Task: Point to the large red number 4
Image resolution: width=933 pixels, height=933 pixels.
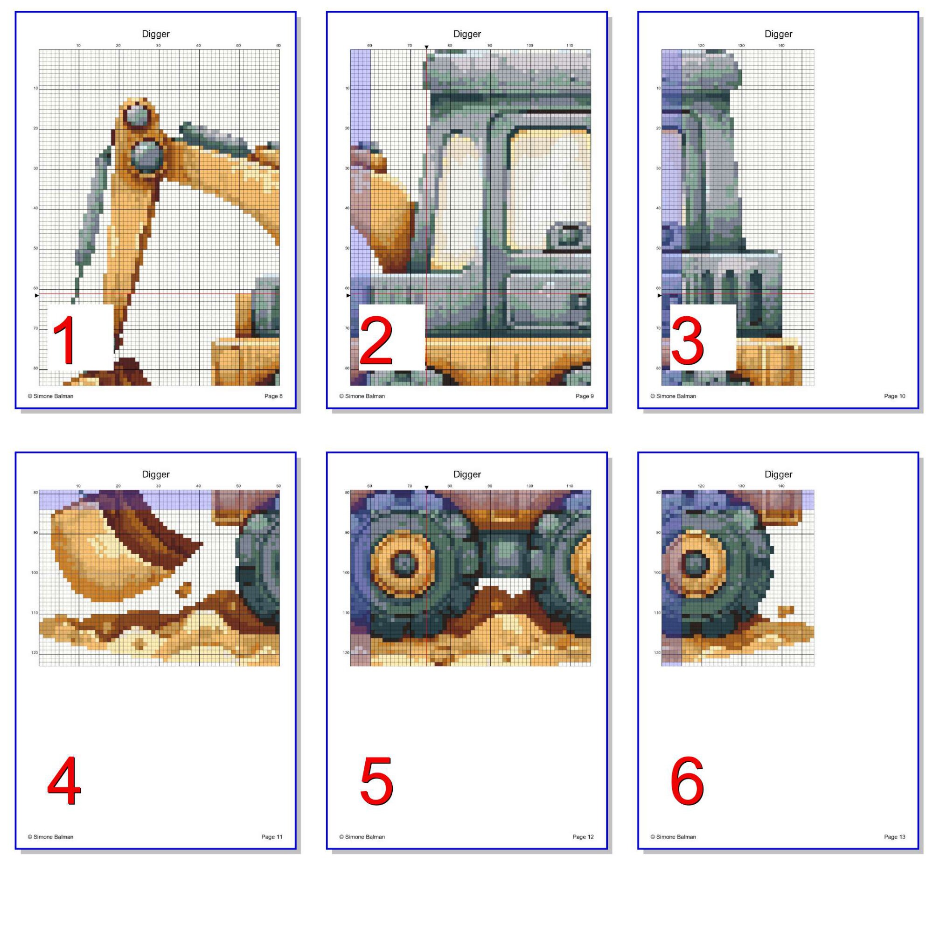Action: coord(64,781)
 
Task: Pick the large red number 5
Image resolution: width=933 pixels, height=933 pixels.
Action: coord(376,781)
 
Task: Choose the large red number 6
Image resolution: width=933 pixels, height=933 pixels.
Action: coord(687,781)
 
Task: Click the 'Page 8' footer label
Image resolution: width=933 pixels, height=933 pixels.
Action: coord(273,396)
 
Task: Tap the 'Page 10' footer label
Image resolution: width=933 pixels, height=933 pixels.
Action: coord(894,396)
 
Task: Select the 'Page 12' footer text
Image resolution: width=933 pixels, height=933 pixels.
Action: coord(583,837)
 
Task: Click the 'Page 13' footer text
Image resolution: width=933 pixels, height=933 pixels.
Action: coord(894,837)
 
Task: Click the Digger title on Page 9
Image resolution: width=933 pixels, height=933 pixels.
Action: coord(467,34)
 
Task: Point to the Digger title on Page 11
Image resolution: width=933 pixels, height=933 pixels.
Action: coord(155,474)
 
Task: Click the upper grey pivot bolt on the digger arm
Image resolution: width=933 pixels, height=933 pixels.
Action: coord(137,116)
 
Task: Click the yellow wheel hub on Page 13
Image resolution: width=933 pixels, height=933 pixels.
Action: coord(696,564)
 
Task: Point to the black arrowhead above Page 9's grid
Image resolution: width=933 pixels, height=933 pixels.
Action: coord(426,47)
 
